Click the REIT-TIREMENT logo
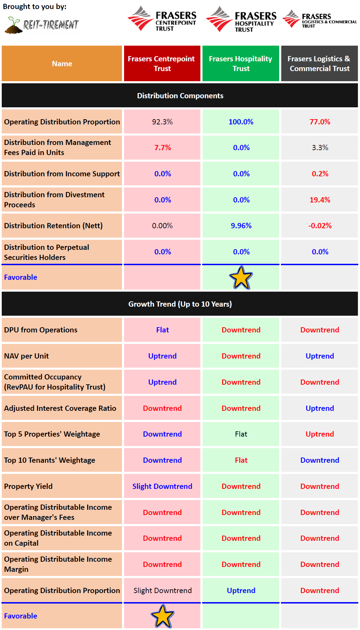tap(42, 25)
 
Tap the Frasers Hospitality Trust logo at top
tap(241, 20)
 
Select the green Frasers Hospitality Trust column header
tap(240, 63)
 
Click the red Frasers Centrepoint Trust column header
tap(162, 63)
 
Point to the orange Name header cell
tap(62, 63)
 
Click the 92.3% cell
tap(162, 122)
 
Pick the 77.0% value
tap(320, 122)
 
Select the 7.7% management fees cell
tap(162, 147)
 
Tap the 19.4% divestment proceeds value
tap(320, 200)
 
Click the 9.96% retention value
tap(241, 225)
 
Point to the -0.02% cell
tap(320, 225)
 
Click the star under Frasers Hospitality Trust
tap(241, 278)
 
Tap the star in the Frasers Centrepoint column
tap(162, 616)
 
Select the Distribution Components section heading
tap(180, 95)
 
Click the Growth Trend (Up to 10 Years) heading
tap(180, 304)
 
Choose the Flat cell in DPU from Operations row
tap(162, 330)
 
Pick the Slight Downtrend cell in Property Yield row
tap(162, 486)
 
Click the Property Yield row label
tap(28, 486)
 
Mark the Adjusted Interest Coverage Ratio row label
tap(60, 408)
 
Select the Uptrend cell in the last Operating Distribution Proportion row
tap(241, 590)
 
